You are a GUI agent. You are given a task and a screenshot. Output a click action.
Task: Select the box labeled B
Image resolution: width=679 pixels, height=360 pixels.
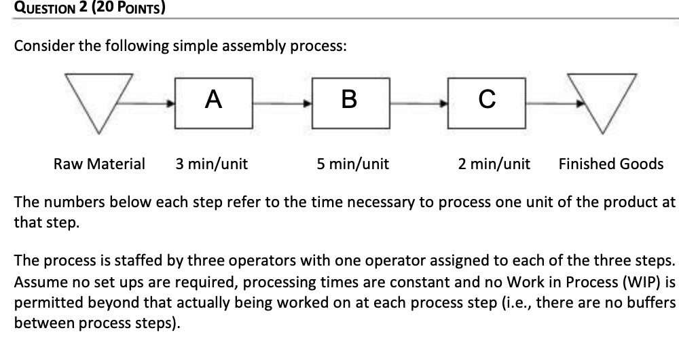(350, 103)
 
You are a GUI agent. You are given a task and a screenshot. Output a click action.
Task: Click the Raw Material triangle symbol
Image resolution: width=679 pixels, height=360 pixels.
(98, 98)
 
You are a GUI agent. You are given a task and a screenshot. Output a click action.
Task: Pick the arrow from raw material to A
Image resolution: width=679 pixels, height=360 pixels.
(148, 104)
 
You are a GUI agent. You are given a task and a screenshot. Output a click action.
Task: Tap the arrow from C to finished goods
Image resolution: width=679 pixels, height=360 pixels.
(553, 104)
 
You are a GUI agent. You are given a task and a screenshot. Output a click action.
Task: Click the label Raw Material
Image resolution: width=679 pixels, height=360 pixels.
(99, 164)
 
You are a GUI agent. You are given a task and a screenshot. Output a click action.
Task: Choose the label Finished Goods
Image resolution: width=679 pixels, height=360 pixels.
(611, 164)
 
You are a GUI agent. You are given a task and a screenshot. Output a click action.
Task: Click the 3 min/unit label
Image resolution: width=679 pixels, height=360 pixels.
(211, 164)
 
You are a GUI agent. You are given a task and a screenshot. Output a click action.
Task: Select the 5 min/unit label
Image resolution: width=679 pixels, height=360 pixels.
(352, 164)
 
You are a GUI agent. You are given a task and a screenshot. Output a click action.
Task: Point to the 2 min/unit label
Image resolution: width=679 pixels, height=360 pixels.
(494, 164)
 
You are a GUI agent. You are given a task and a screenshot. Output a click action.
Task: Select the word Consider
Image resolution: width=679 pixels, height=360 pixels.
(44, 46)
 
